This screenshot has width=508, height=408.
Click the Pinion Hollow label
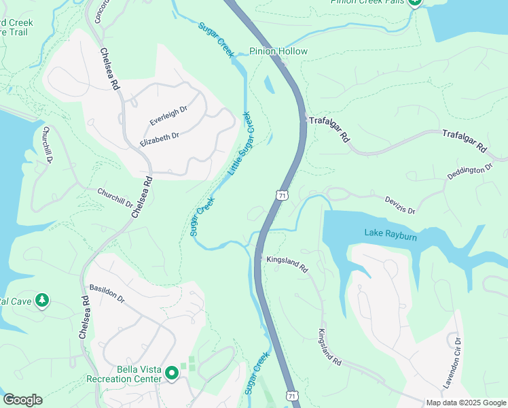[278, 52]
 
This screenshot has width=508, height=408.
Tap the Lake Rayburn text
[391, 233]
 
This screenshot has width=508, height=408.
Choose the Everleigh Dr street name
[168, 117]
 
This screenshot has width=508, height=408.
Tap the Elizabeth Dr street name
[159, 140]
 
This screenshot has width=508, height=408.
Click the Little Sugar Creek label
[244, 143]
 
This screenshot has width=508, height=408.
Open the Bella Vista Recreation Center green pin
[173, 373]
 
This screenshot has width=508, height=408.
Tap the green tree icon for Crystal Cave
[42, 300]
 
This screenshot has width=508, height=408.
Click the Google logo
[22, 400]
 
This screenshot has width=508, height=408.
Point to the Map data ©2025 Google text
[465, 403]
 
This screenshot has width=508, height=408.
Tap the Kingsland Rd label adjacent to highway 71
[287, 265]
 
